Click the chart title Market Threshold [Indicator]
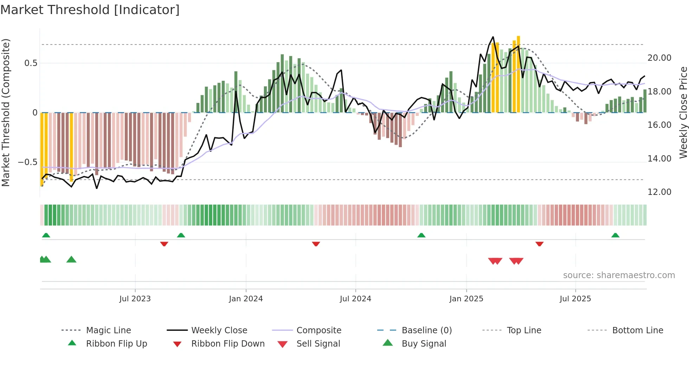[x=90, y=10]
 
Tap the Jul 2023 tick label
[x=135, y=299]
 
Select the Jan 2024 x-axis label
[x=246, y=299]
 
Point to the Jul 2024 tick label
[x=355, y=299]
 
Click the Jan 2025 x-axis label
[x=466, y=299]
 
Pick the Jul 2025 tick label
[x=575, y=299]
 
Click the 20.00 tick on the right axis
[x=659, y=58]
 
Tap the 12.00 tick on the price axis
[x=659, y=192]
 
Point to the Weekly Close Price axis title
[x=683, y=112]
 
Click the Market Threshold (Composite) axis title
[x=6, y=112]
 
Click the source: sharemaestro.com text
[x=619, y=275]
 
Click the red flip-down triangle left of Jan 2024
[x=164, y=244]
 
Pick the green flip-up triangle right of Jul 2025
[x=615, y=235]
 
